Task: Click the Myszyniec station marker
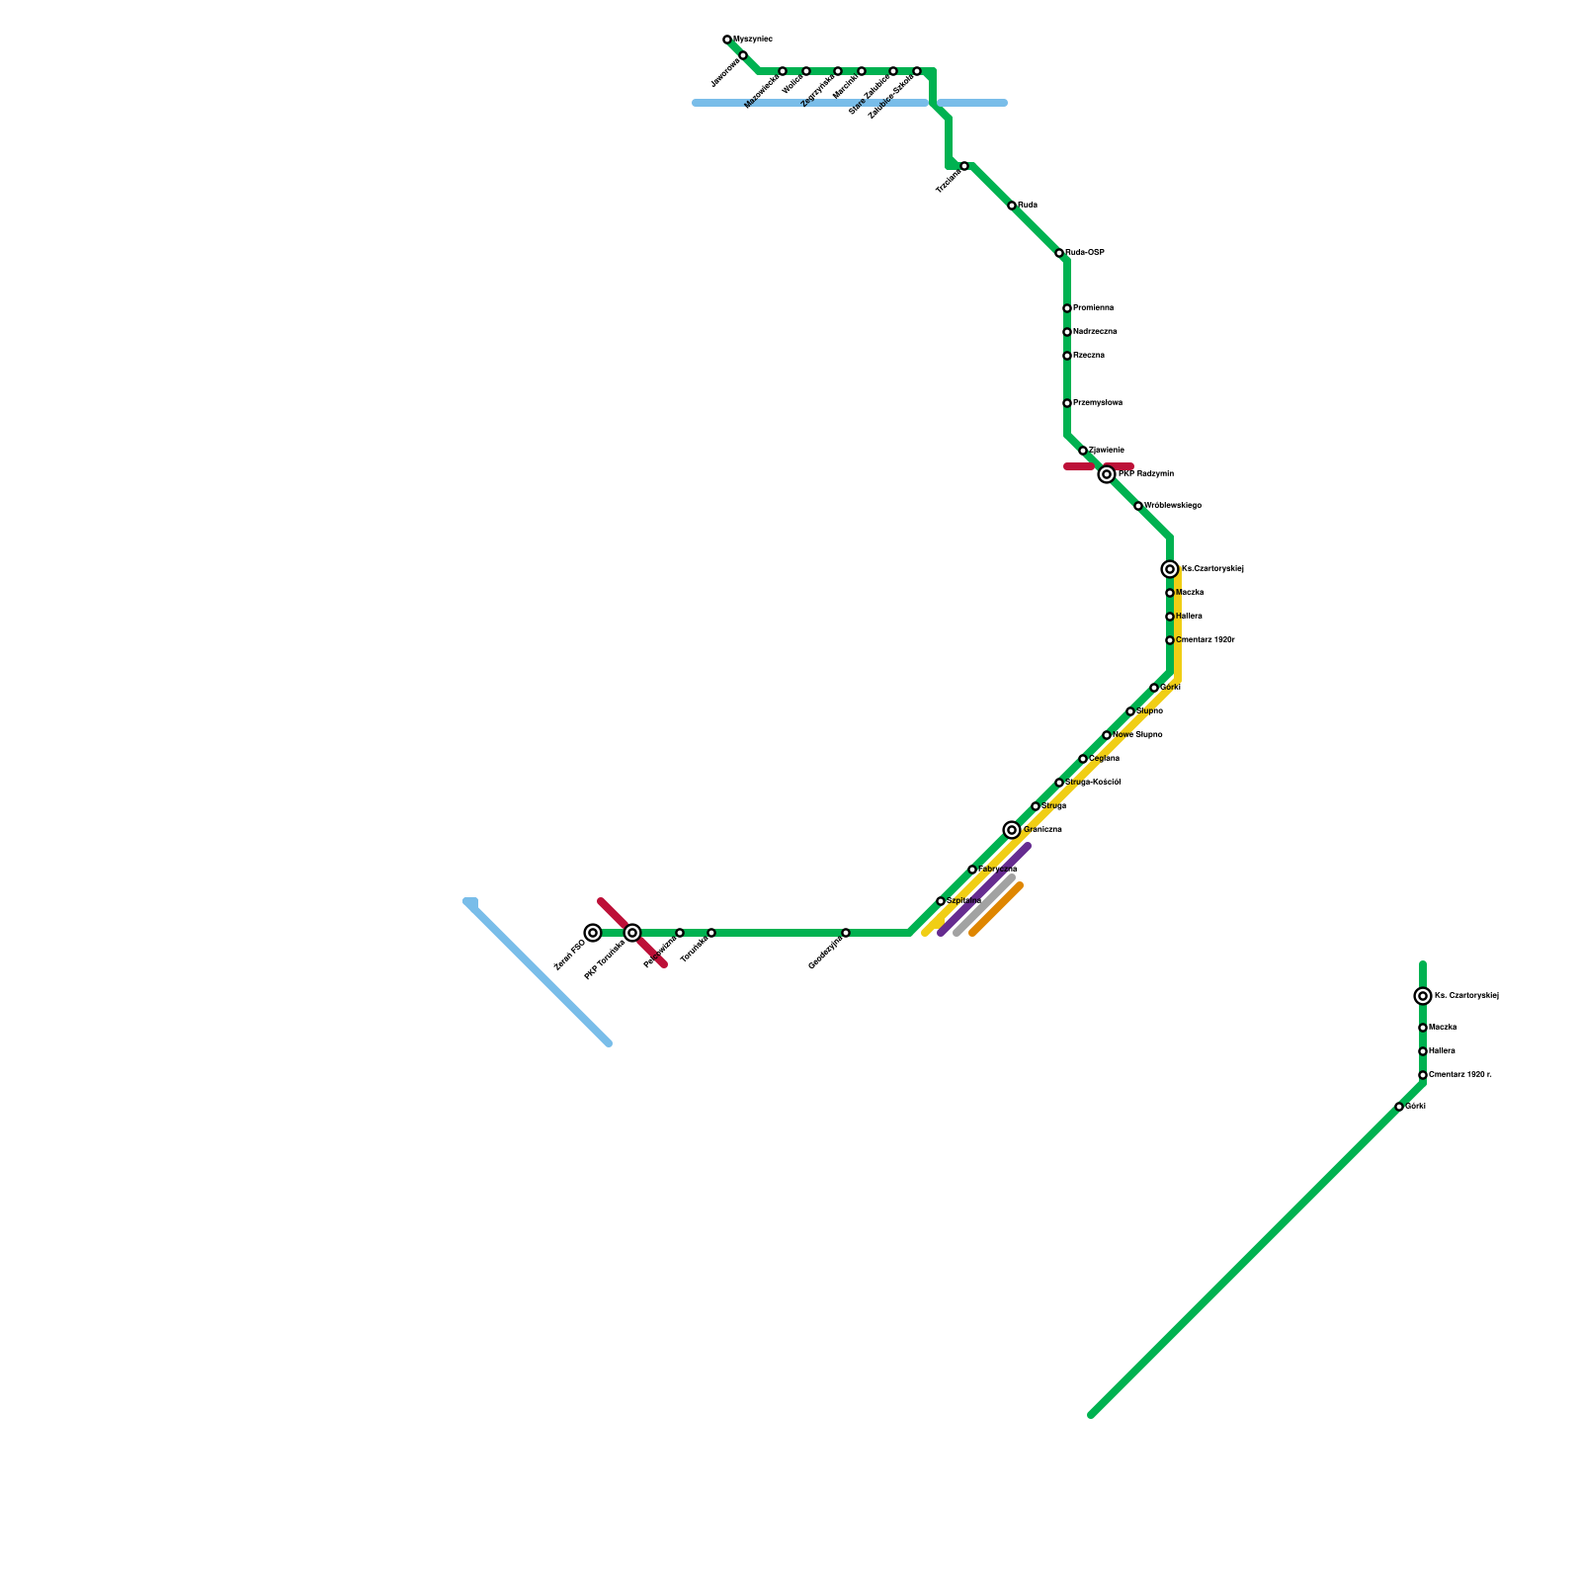click(727, 40)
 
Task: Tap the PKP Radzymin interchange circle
click(1107, 474)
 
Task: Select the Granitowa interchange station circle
click(1011, 830)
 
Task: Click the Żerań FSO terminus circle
click(593, 933)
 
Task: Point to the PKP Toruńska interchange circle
click(632, 933)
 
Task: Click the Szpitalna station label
click(963, 901)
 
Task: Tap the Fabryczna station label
click(997, 870)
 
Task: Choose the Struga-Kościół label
click(1093, 783)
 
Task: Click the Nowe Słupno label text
click(1137, 735)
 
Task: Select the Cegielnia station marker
click(1083, 759)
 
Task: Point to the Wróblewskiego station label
click(1172, 506)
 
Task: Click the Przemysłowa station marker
click(1067, 403)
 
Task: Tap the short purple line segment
click(984, 889)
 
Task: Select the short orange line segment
click(996, 909)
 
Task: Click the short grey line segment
click(984, 905)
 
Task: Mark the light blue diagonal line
click(539, 972)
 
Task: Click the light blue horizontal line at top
click(850, 103)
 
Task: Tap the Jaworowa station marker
click(743, 55)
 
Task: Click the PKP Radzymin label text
click(1145, 474)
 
